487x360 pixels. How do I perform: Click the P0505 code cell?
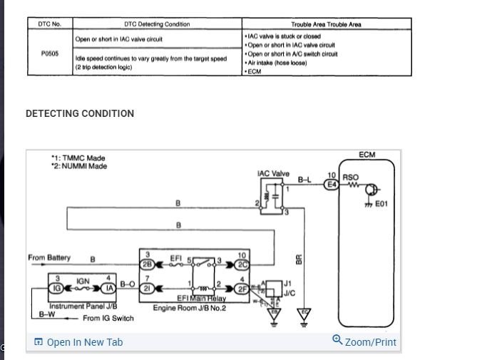coord(50,52)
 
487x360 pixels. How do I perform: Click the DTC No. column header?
coord(50,24)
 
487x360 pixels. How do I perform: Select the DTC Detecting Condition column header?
coord(158,24)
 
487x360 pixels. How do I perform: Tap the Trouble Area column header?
coord(326,24)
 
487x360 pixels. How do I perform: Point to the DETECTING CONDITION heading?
coord(80,113)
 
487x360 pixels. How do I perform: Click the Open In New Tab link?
coord(78,342)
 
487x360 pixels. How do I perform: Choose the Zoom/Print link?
coord(364,341)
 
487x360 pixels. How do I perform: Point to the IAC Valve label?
coord(273,173)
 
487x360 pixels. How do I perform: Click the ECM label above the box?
coord(367,155)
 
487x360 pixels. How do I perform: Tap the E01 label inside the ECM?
coord(381,204)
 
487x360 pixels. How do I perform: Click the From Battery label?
coord(49,257)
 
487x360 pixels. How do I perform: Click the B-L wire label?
coord(304,179)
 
